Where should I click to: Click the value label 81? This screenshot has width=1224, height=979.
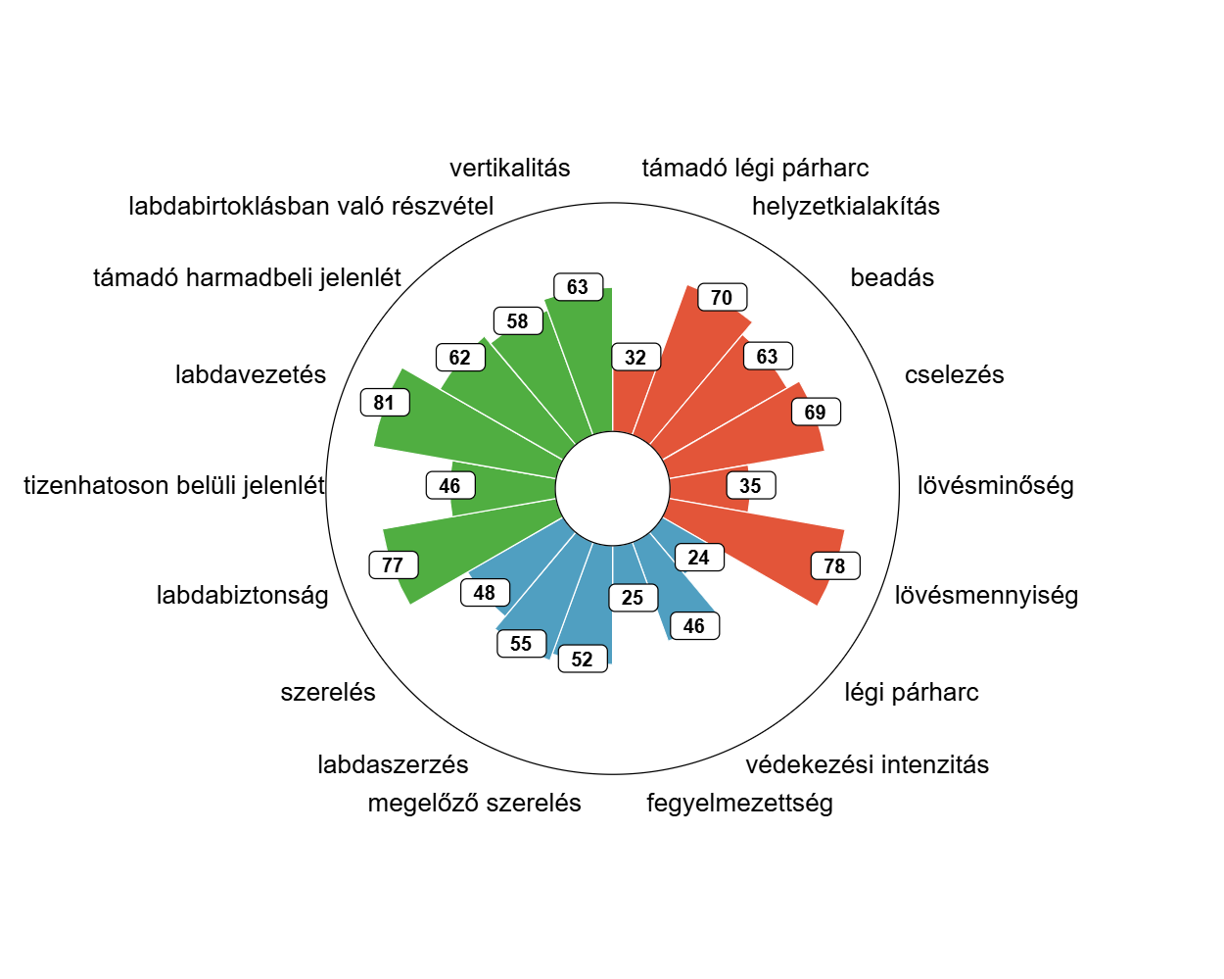384,403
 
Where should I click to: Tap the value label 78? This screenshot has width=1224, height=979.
834,566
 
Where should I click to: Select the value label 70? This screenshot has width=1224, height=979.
722,298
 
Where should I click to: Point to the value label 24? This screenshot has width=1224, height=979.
698,558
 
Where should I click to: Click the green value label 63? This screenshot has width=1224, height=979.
578,287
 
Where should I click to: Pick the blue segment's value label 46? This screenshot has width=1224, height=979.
694,626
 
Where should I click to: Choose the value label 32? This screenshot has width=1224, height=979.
636,358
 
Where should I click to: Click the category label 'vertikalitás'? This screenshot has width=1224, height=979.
509,169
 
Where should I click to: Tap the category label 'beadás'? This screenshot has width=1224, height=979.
892,278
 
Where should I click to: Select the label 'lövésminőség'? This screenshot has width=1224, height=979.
995,486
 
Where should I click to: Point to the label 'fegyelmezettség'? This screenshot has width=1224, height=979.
739,804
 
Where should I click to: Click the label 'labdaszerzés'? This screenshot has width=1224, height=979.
393,765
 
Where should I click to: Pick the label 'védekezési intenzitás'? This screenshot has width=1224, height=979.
867,765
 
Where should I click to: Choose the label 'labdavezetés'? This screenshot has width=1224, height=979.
251,375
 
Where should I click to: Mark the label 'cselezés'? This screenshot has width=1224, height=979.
954,375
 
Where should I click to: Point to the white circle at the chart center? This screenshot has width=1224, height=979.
613,488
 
